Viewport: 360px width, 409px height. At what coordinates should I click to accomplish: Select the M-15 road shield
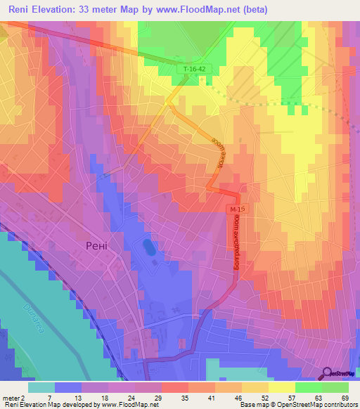tap(237, 209)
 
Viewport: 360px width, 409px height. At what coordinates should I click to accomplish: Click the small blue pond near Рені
tap(148, 247)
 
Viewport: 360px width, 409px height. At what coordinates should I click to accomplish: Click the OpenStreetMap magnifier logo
tap(328, 374)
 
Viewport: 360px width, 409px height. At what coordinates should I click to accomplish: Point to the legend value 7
tap(50, 397)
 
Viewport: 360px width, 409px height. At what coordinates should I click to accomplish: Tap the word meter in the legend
tap(10, 397)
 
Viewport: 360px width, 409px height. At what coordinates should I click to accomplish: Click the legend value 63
tap(321, 397)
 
